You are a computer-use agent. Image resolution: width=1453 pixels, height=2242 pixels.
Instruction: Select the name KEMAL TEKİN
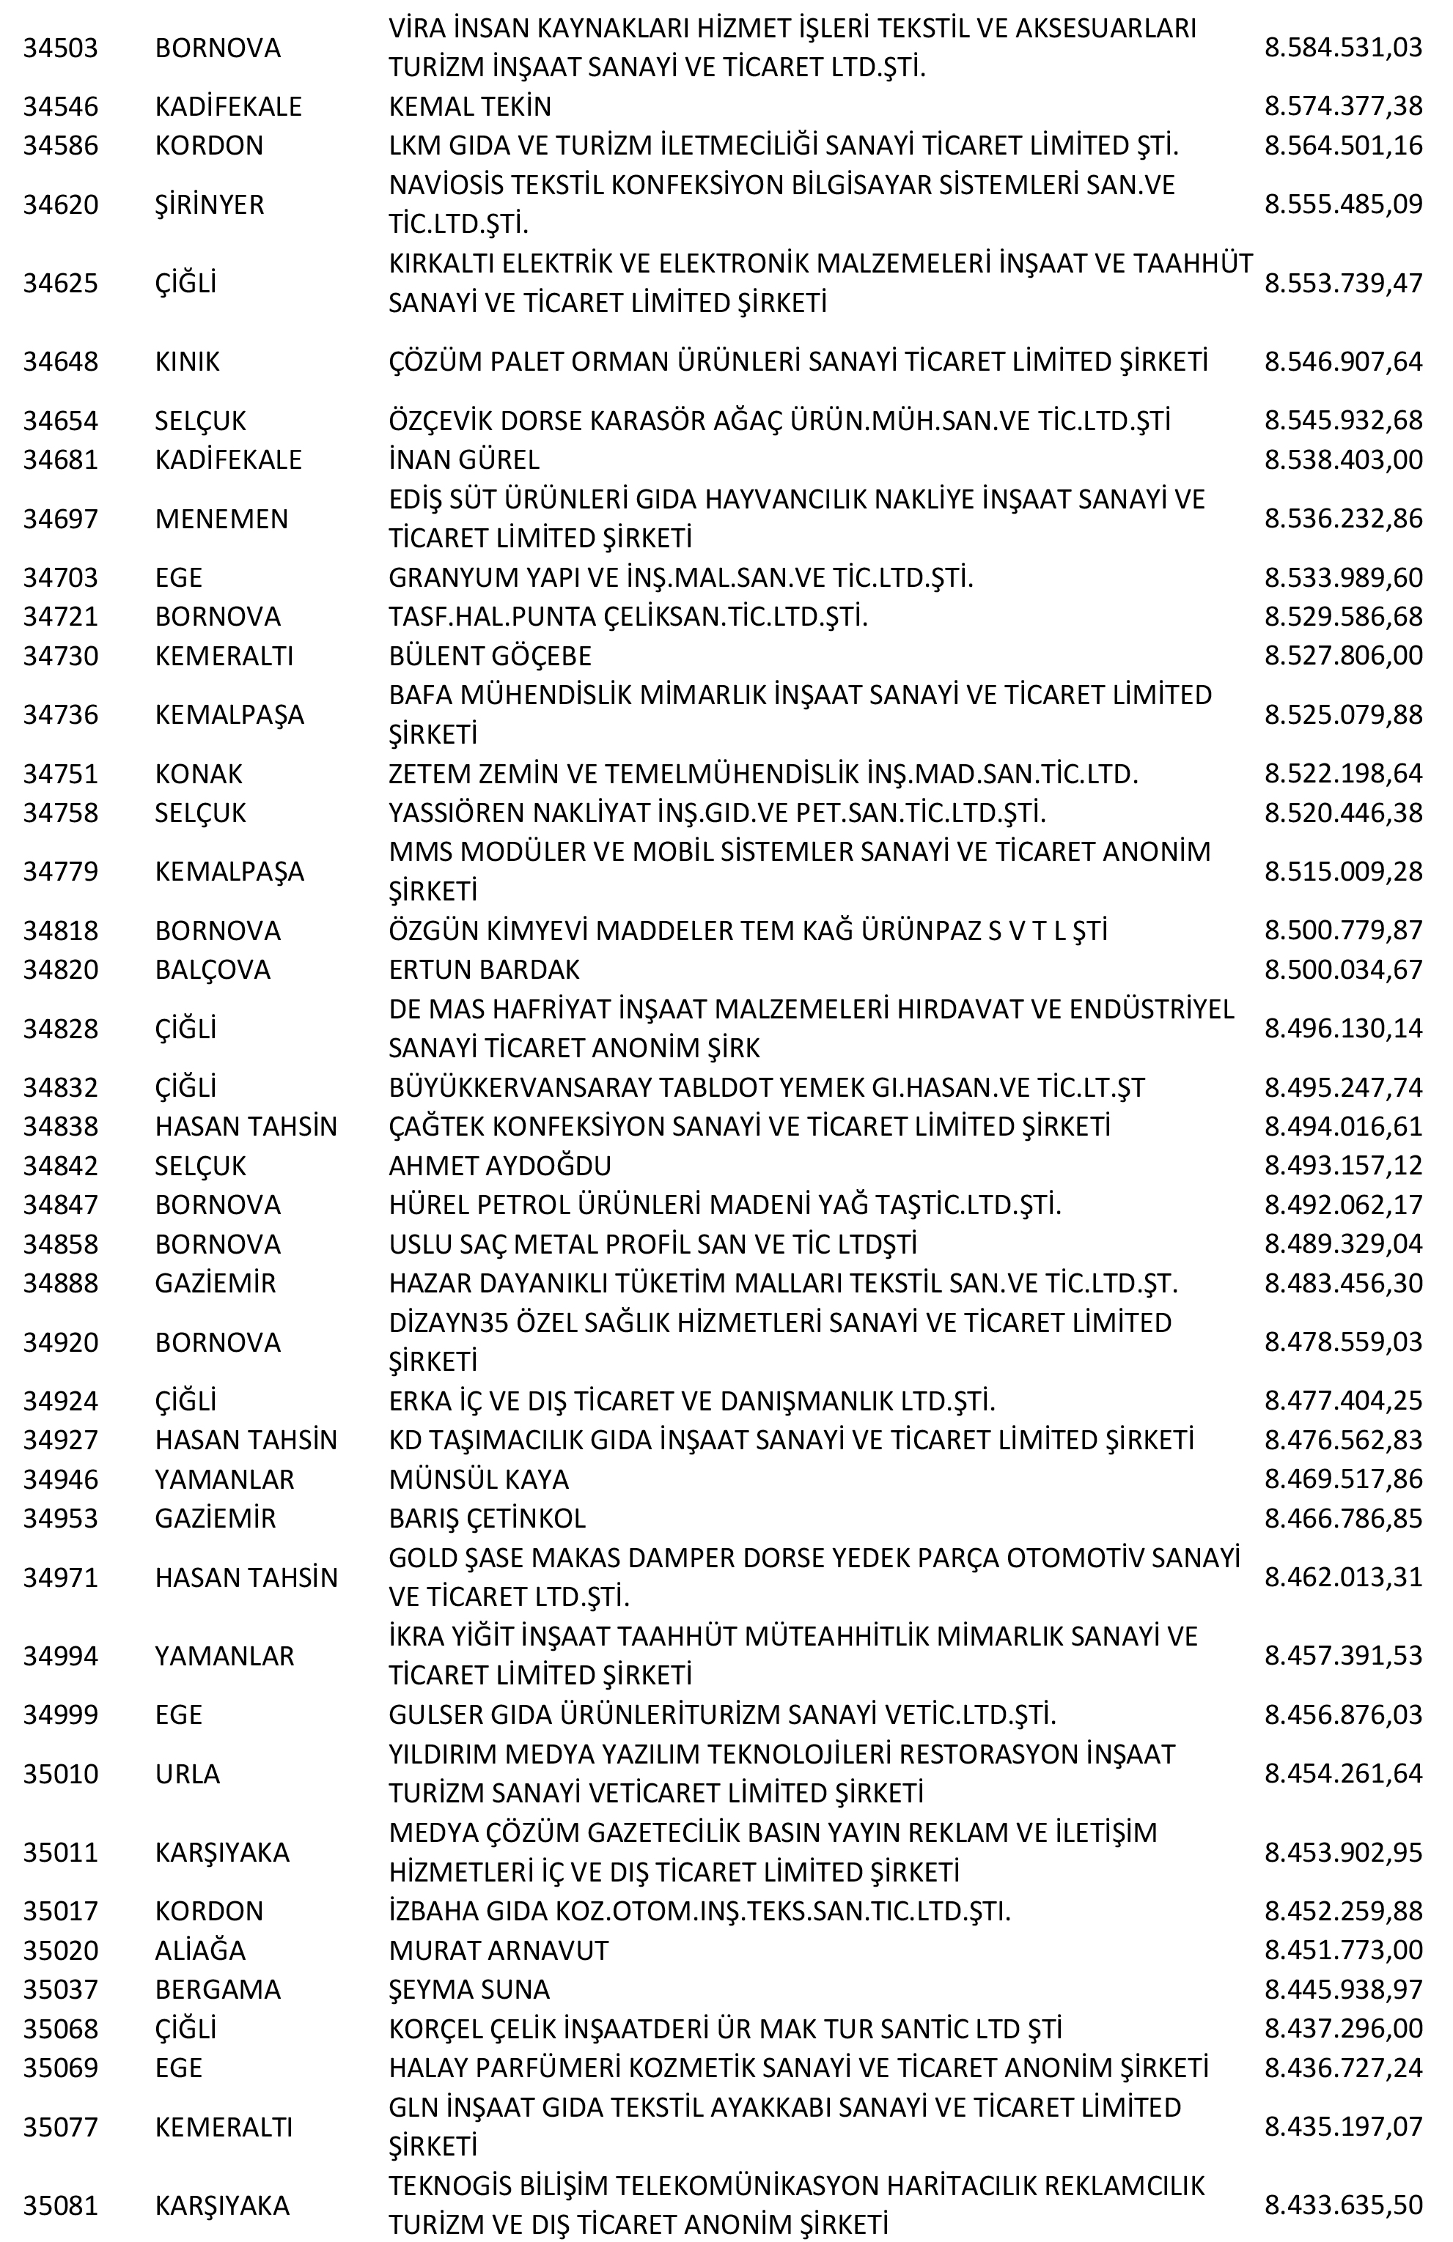click(x=469, y=106)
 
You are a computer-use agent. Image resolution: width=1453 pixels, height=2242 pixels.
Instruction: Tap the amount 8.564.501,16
click(x=1343, y=146)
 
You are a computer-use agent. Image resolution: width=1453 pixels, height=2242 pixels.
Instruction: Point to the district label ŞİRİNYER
click(x=209, y=204)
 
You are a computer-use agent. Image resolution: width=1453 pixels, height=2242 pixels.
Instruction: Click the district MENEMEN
click(x=221, y=519)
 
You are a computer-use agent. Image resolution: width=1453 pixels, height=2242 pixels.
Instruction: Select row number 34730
click(x=60, y=656)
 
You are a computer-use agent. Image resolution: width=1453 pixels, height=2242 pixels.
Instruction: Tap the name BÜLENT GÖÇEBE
click(x=490, y=656)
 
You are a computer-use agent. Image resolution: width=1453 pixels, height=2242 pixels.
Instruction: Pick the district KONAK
click(x=198, y=774)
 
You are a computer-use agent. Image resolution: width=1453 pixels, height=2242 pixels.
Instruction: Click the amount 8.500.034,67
click(x=1343, y=969)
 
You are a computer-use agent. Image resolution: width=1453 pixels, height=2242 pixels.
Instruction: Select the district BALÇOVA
click(x=212, y=969)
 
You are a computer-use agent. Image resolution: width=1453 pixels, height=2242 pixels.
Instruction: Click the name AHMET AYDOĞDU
click(x=499, y=1165)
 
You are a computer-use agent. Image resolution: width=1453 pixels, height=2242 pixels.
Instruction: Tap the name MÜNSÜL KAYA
click(x=479, y=1479)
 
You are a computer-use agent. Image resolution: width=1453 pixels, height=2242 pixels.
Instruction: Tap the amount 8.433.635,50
click(x=1343, y=2206)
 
